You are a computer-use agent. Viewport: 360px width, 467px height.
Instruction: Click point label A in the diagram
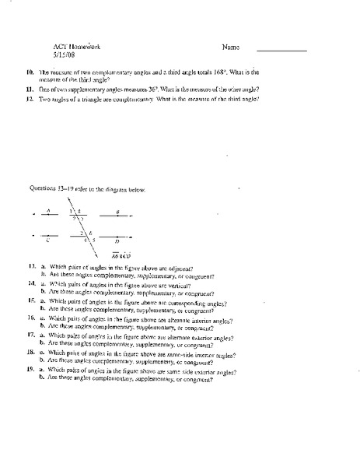click(x=48, y=209)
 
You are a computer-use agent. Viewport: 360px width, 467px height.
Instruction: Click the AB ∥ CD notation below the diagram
click(x=121, y=255)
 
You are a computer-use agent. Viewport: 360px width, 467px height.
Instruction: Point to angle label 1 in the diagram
click(x=70, y=211)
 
